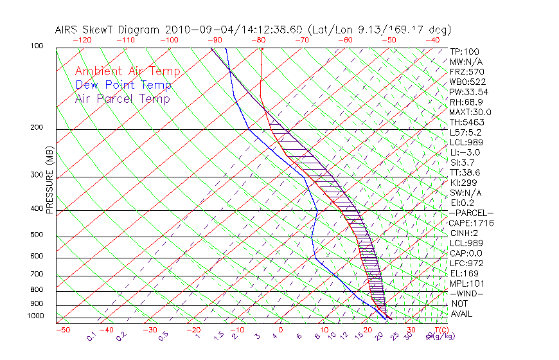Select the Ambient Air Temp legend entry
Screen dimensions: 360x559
pyautogui.click(x=127, y=71)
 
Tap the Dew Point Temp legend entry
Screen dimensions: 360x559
pyautogui.click(x=123, y=85)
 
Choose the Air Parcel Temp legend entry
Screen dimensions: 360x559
pyautogui.click(x=122, y=98)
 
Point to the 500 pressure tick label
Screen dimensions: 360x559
pyautogui.click(x=37, y=235)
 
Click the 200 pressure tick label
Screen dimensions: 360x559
pyautogui.click(x=37, y=128)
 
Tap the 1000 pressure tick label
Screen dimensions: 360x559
pyautogui.click(x=35, y=316)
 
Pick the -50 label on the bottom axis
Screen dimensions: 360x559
pyautogui.click(x=62, y=330)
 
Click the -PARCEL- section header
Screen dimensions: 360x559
pyautogui.click(x=471, y=213)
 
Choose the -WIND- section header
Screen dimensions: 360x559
pyautogui.click(x=466, y=294)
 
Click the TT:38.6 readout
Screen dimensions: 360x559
pyautogui.click(x=465, y=172)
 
